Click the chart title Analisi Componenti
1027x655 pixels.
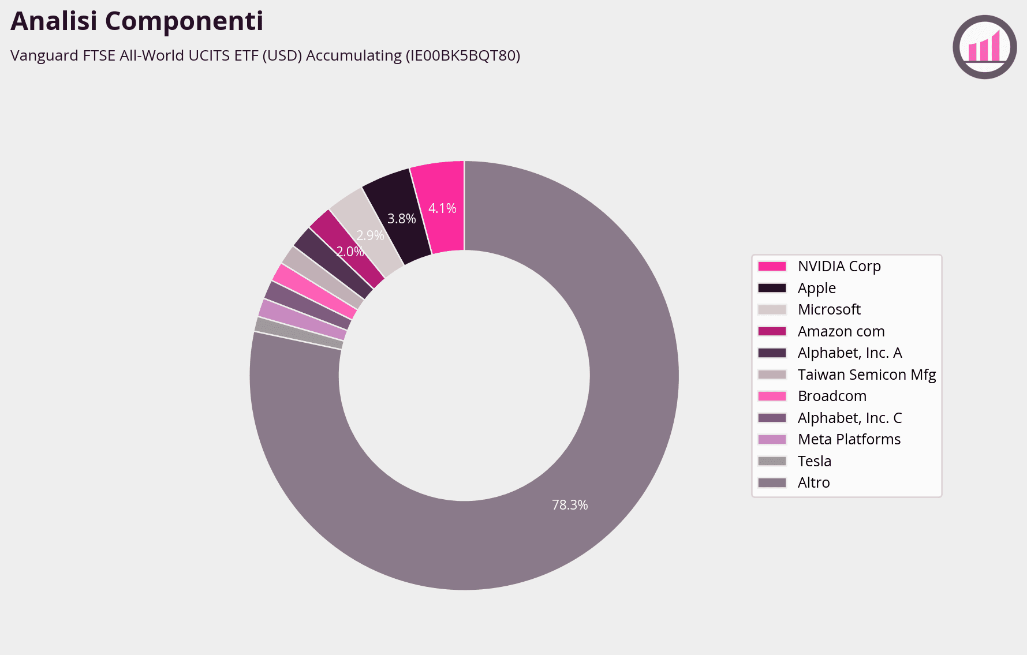(137, 21)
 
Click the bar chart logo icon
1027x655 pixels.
(984, 47)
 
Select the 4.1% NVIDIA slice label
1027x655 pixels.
(442, 208)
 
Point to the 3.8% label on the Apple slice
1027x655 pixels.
(401, 219)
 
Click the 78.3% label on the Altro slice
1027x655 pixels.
(570, 505)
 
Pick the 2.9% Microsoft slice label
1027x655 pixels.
(370, 235)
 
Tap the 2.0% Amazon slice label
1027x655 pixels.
(350, 252)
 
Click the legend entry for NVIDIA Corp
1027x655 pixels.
(839, 266)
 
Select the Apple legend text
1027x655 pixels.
(816, 288)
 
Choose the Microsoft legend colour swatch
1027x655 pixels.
(772, 310)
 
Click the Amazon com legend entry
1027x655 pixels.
(841, 331)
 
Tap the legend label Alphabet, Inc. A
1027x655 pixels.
(849, 353)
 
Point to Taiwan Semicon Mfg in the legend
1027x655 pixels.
(866, 375)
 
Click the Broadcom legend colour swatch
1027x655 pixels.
(772, 396)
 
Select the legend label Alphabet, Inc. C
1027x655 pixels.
(849, 418)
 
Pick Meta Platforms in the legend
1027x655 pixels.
(849, 439)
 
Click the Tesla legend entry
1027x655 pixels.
(814, 461)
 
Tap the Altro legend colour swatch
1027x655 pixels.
(772, 483)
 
